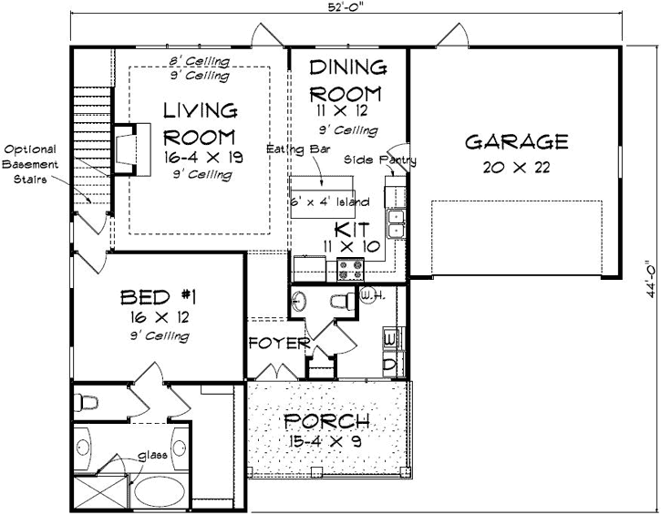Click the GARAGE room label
click(x=517, y=142)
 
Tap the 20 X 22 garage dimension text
click(x=517, y=168)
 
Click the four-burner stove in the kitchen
click(x=351, y=268)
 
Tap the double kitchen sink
click(x=397, y=221)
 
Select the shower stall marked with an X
click(x=91, y=496)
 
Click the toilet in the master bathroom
click(x=88, y=400)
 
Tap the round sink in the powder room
click(x=304, y=302)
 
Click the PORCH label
click(x=326, y=422)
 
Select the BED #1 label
click(x=160, y=297)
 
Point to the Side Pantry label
click(x=380, y=160)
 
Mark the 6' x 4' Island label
click(x=330, y=201)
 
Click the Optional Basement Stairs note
click(x=30, y=164)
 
